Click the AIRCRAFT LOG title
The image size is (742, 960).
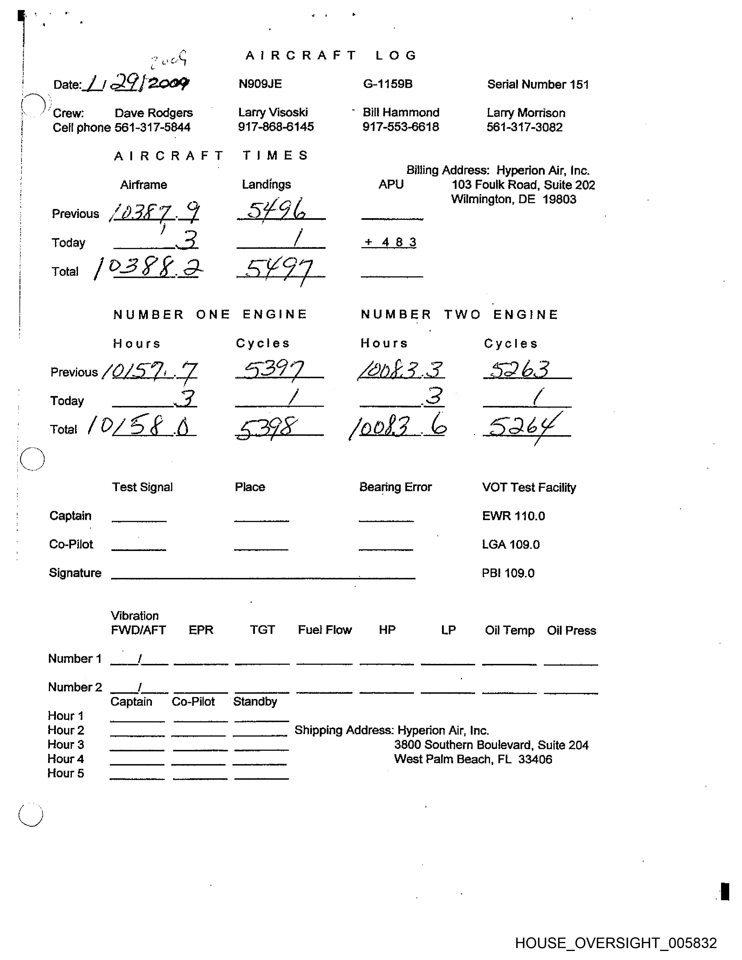(331, 55)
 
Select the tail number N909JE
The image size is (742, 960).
(260, 84)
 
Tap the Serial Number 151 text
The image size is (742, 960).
(538, 84)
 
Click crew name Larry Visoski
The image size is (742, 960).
(273, 113)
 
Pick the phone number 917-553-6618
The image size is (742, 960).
(400, 127)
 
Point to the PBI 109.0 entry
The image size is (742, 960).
(508, 573)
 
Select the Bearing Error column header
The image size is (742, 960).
(395, 487)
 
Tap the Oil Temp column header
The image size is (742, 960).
(510, 630)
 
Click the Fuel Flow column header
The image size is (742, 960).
(325, 630)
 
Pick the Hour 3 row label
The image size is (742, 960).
(65, 745)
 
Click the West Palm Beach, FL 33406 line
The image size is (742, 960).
(473, 759)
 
